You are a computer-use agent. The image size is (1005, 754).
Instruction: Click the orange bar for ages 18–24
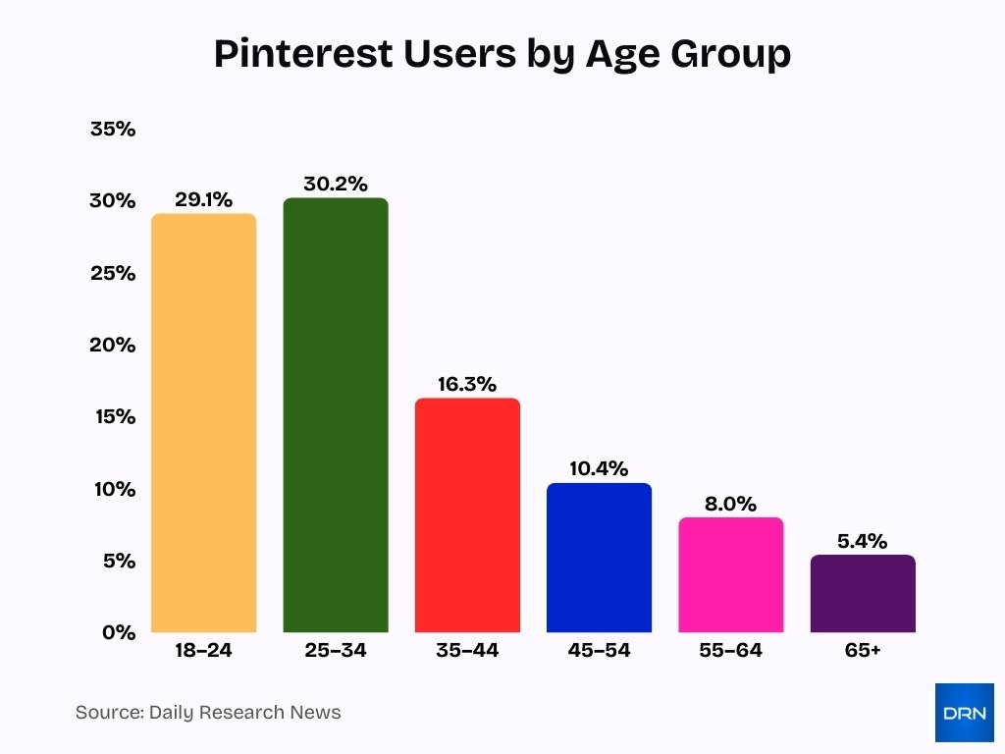203,423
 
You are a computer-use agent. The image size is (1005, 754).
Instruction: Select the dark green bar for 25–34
336,415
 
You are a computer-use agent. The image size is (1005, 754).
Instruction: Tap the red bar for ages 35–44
467,515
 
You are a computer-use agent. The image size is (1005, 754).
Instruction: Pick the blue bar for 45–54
599,558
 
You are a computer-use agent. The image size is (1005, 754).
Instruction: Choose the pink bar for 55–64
731,575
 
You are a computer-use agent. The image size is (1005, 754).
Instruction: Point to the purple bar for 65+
863,594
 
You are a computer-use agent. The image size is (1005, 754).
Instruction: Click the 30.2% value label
336,184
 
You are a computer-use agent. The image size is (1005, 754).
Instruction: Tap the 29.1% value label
203,200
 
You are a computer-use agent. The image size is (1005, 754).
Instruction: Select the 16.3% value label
467,384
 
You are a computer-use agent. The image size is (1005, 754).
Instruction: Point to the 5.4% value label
863,541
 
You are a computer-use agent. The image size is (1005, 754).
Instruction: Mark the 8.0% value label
731,504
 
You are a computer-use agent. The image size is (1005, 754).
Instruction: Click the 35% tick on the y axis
112,129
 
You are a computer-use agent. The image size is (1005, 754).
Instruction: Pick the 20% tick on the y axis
112,345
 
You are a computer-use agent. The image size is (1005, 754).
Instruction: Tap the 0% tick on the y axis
118,632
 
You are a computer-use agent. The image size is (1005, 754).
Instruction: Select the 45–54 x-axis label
599,651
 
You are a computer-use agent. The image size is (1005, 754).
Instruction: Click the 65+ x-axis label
863,651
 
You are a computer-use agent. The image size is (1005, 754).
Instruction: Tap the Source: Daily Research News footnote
208,713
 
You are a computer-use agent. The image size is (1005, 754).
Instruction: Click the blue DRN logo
964,712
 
